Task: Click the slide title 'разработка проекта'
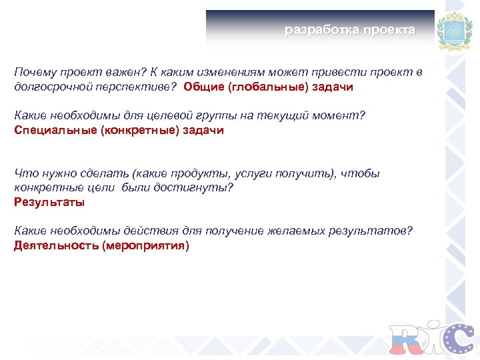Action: [x=349, y=30]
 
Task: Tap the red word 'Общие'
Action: [x=204, y=87]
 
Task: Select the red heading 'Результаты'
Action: [x=49, y=203]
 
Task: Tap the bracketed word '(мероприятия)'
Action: [x=145, y=246]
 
